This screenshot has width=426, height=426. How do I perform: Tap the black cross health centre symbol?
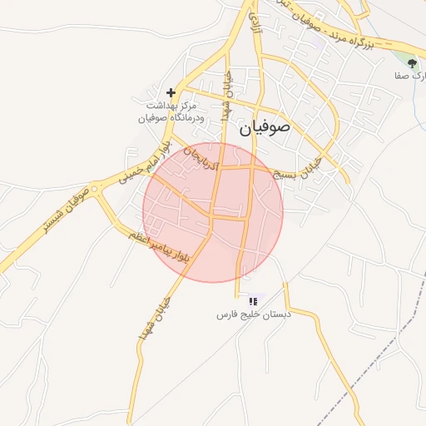tap(171, 92)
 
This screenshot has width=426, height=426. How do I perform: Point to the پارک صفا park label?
tap(410, 76)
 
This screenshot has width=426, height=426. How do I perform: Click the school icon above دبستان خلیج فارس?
tap(253, 300)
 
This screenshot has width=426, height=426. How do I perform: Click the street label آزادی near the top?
tap(254, 25)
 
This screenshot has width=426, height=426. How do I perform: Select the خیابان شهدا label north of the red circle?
tap(226, 97)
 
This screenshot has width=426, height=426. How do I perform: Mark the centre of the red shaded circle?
tap(213, 212)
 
